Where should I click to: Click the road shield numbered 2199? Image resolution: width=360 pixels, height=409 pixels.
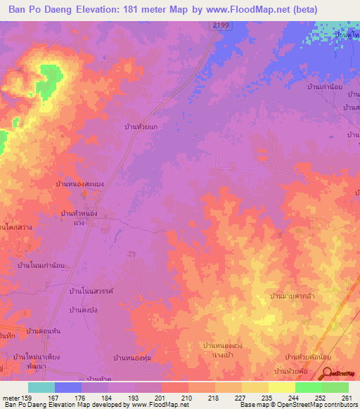pos(219,25)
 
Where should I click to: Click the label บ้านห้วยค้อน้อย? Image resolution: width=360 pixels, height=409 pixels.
pos(309,358)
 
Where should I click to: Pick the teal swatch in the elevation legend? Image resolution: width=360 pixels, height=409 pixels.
pos(41,387)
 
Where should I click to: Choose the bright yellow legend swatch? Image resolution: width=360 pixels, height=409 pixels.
pos(281,387)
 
